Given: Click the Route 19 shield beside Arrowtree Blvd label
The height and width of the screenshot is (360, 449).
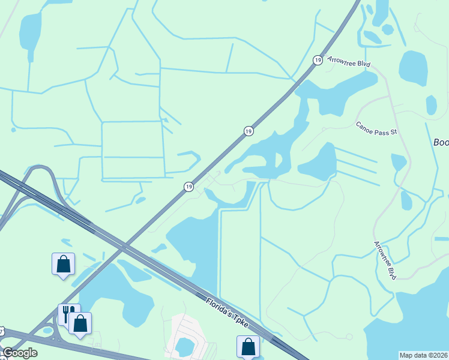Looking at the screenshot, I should coord(317,59).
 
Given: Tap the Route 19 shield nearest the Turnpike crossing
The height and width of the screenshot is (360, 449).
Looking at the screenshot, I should coord(188,187).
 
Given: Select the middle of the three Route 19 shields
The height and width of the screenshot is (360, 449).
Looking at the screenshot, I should coord(249,131).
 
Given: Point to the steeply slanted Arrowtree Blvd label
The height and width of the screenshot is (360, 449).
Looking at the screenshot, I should coord(385,260).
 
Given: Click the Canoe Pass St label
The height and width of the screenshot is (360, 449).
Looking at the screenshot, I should coord(377,128).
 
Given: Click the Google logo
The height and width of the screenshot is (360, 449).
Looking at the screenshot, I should coord(19,353).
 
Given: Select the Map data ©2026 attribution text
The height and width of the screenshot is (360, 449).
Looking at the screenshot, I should coord(423,355).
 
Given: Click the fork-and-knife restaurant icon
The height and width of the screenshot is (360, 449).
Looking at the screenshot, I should coord(68,313).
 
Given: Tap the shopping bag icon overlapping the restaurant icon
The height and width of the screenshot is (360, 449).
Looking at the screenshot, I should coord(80,323).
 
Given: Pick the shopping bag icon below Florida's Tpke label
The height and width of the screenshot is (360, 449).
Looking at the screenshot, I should coord(248,346).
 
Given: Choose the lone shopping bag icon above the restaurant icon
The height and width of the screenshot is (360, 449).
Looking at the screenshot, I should coord(64,264).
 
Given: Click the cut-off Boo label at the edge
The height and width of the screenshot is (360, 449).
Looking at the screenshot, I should coord(441,143).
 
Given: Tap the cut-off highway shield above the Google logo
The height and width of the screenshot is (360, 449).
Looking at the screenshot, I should coord(2,330).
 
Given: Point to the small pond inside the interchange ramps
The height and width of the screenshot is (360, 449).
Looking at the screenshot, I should coord(47,329).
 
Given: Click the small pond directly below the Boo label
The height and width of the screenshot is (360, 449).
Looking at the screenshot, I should coord(399,161).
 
